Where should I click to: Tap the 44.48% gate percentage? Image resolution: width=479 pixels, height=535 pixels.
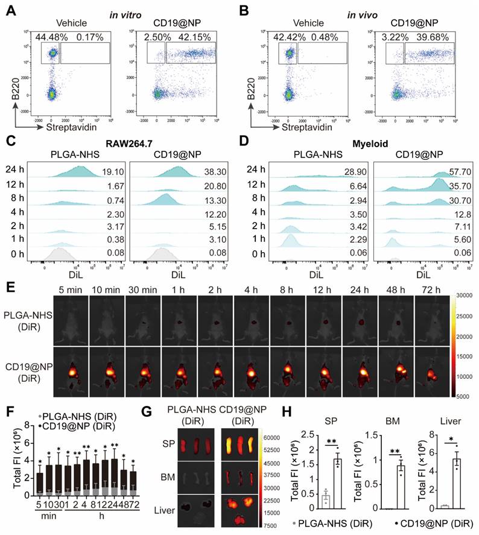(x=52, y=37)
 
